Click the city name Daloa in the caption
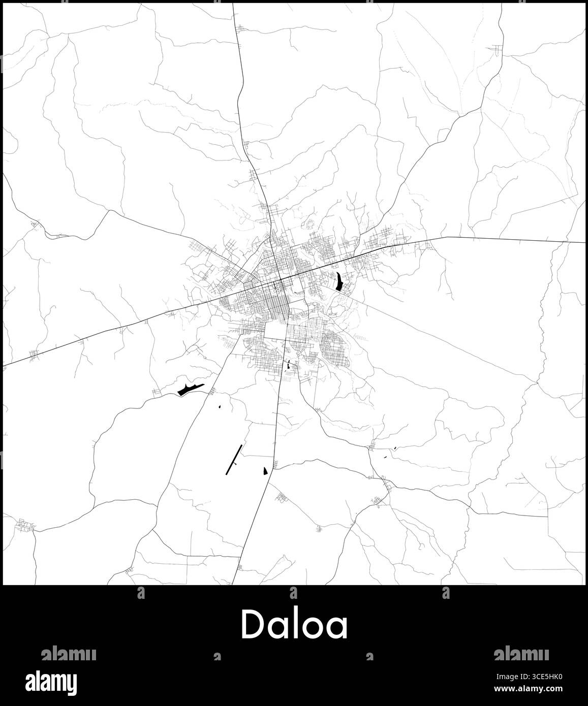(294, 625)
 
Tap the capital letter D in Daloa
(254, 624)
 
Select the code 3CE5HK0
(546, 677)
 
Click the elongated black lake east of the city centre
(338, 281)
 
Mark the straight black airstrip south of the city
(233, 459)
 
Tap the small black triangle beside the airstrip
(265, 471)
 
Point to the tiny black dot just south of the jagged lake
(220, 406)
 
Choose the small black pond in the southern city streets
(289, 364)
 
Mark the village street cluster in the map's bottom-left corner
(24, 525)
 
